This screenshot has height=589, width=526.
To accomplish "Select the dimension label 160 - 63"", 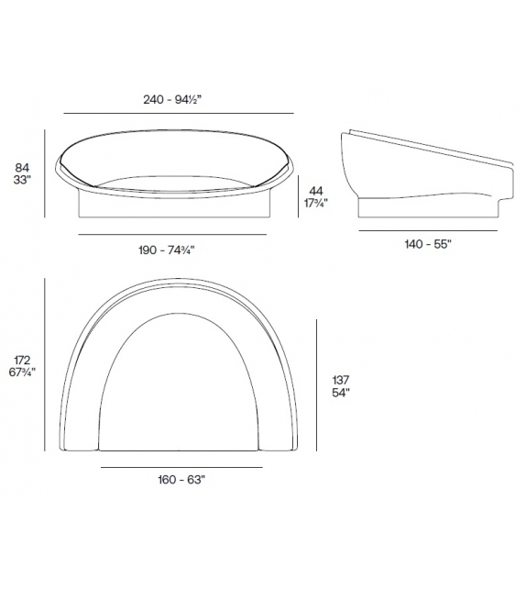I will click(x=180, y=480).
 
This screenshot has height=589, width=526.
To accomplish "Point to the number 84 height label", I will click(x=22, y=168).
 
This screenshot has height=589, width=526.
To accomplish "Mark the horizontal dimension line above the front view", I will click(x=178, y=113).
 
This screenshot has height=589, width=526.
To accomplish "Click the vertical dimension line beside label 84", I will click(x=45, y=174).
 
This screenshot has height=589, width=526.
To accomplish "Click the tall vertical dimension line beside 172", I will click(x=45, y=366).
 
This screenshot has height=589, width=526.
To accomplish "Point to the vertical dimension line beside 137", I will click(x=316, y=385).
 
